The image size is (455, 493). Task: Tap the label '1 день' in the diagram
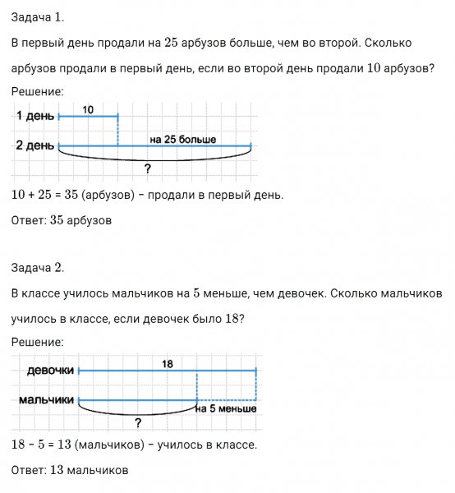tap(34, 117)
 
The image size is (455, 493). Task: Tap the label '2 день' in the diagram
tap(34, 145)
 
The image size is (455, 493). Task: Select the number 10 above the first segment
tap(88, 108)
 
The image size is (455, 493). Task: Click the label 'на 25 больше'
tap(183, 139)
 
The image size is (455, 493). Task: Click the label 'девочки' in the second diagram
tap(50, 370)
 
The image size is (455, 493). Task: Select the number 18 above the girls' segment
tap(168, 362)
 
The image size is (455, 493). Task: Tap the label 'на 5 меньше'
tap(226, 408)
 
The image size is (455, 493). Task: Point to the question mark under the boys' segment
tap(137, 423)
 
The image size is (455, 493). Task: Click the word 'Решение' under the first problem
tap(38, 92)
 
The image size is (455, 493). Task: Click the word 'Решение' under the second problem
tap(38, 342)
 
